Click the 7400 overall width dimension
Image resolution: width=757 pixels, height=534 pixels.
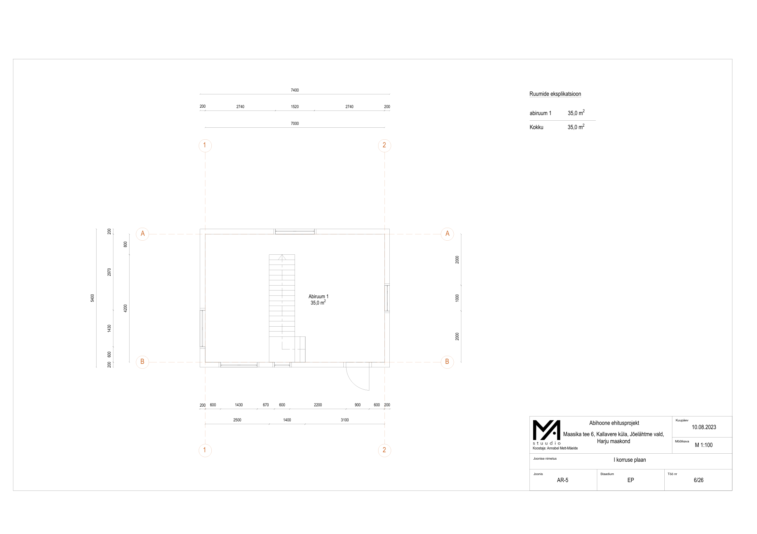click(x=295, y=90)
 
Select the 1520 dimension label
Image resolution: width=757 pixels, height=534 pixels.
click(x=295, y=107)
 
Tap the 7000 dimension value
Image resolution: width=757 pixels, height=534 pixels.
click(x=295, y=124)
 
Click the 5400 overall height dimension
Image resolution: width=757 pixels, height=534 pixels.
click(x=92, y=298)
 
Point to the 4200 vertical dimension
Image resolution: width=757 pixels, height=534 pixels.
click(x=125, y=308)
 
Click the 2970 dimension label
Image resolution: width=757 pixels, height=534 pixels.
click(x=109, y=272)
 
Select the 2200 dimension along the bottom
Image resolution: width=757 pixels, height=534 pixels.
click(x=318, y=405)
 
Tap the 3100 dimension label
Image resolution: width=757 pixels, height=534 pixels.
click(x=345, y=420)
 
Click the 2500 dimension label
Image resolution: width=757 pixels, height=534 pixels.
click(x=237, y=420)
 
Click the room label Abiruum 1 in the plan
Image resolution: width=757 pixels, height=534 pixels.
click(x=318, y=296)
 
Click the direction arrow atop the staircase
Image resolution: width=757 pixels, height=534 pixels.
click(x=282, y=257)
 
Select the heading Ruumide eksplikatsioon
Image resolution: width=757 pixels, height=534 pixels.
click(x=555, y=94)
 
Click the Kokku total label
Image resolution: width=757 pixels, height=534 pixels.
click(x=536, y=127)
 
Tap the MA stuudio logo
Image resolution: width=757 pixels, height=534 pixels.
click(x=546, y=432)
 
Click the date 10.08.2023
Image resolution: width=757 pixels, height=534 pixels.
click(x=704, y=427)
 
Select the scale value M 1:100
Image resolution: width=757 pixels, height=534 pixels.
click(x=704, y=445)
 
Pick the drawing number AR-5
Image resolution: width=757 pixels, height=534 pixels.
click(x=562, y=480)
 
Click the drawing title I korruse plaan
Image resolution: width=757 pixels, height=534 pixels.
click(x=630, y=460)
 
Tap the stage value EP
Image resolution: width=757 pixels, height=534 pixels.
click(x=631, y=480)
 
